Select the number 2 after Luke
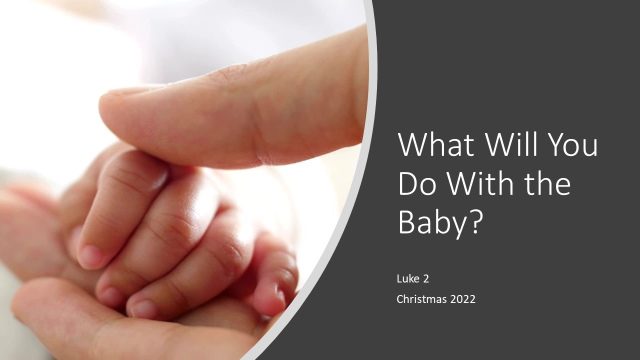pyautogui.click(x=426, y=279)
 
